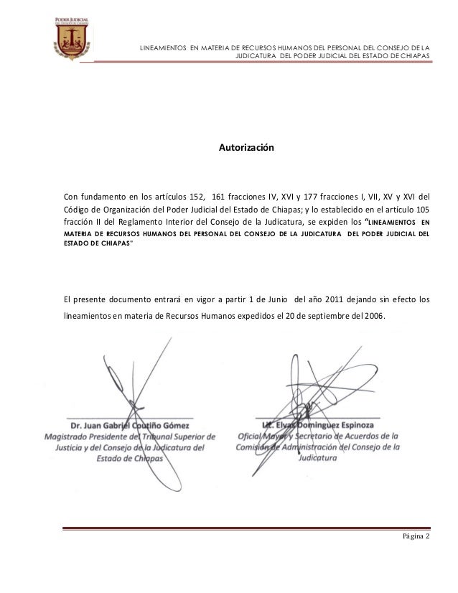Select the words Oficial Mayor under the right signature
pos(270,435)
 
